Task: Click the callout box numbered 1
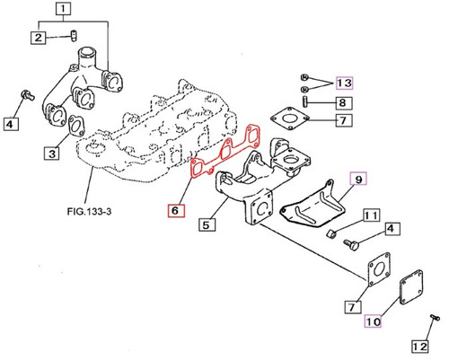(x=87, y=12)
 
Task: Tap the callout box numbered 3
(x=53, y=154)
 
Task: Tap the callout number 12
(x=419, y=345)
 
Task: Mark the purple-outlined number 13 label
(x=345, y=83)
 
